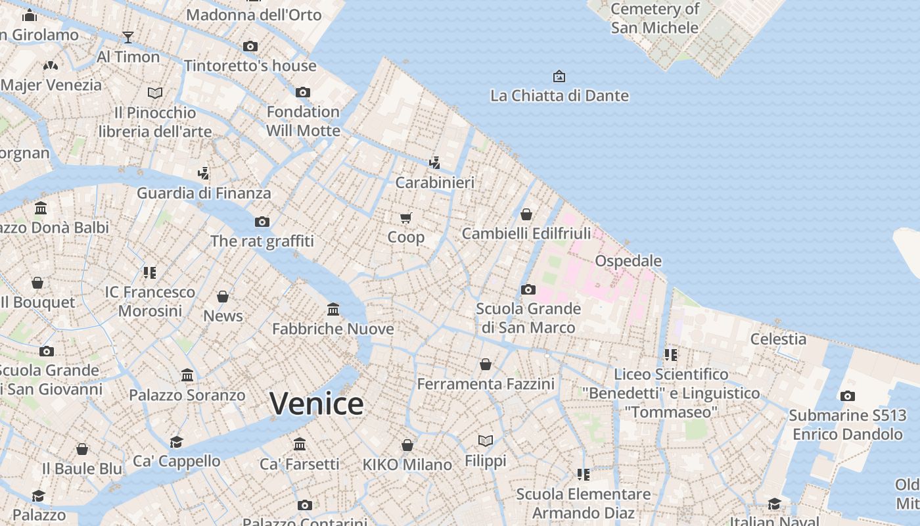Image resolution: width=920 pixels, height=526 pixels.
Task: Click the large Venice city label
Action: click(316, 404)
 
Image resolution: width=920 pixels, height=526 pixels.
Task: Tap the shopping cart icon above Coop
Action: click(406, 218)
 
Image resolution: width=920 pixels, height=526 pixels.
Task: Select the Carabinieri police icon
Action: click(434, 162)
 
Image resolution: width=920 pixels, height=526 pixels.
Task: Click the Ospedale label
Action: click(628, 261)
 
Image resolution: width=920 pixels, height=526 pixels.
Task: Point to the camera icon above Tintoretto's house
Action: click(250, 46)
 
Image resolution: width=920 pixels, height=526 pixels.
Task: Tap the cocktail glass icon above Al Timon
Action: click(128, 37)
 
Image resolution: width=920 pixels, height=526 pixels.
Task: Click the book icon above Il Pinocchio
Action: click(155, 93)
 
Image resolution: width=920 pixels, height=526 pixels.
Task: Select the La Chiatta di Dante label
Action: click(559, 96)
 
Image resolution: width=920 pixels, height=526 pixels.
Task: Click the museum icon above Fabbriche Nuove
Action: click(333, 309)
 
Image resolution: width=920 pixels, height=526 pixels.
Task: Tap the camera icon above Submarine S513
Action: click(848, 396)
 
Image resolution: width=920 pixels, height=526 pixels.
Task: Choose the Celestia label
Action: click(778, 339)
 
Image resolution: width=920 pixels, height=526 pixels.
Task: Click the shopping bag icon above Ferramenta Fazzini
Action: click(486, 364)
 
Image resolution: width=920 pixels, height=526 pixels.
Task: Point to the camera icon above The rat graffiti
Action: click(262, 222)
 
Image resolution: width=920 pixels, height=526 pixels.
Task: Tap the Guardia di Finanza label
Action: click(204, 193)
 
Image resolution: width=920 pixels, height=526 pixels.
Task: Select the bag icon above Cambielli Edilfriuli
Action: click(526, 214)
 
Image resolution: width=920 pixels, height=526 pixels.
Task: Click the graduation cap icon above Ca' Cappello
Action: click(176, 441)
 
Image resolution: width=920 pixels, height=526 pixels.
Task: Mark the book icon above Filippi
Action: click(486, 441)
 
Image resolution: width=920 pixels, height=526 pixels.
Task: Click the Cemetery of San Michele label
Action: click(655, 18)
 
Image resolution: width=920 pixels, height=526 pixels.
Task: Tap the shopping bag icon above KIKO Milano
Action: click(407, 445)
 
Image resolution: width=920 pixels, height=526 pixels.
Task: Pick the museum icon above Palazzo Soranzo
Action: click(187, 375)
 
